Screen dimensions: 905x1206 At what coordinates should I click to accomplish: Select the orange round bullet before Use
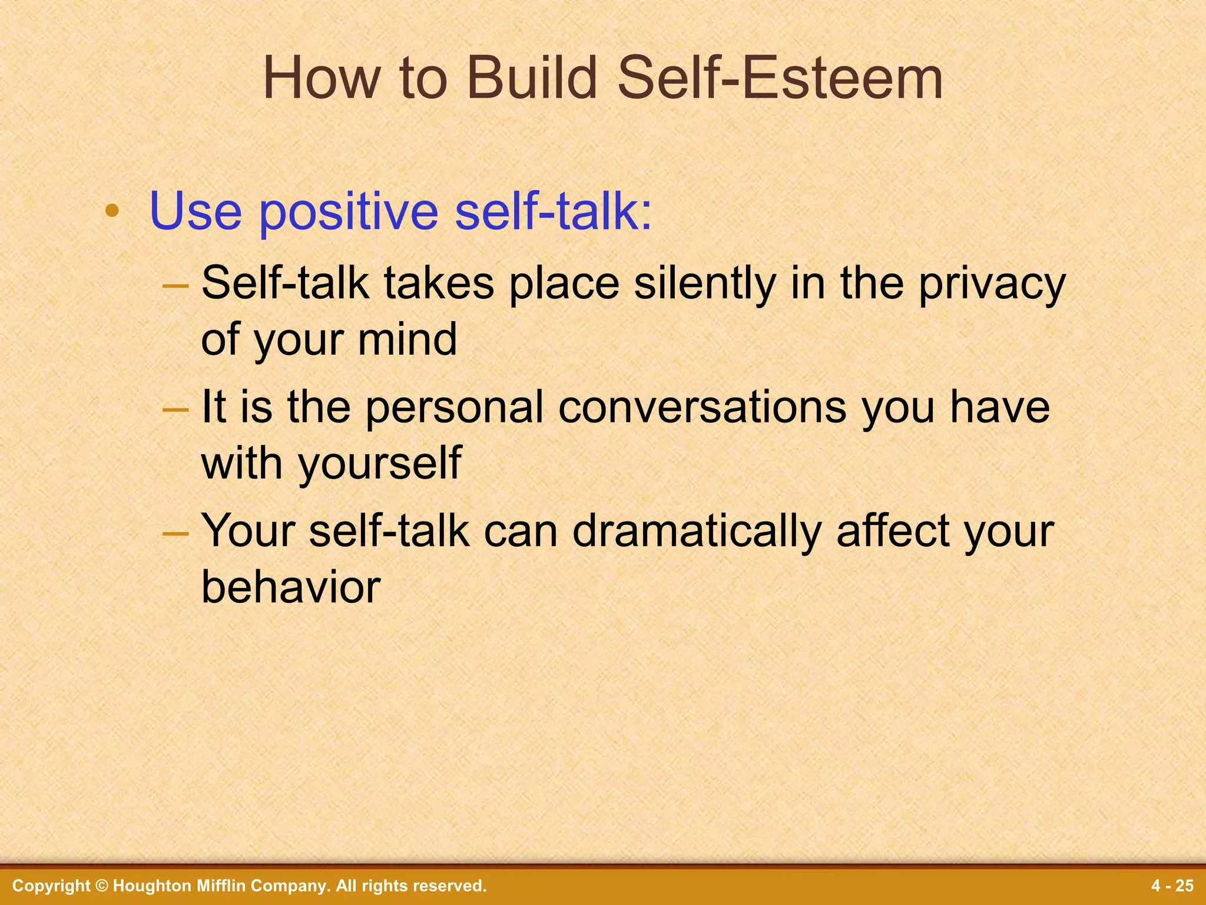[x=112, y=211]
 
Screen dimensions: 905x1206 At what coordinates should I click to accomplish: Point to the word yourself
[x=380, y=464]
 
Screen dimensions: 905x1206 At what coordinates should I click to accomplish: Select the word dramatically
[x=697, y=532]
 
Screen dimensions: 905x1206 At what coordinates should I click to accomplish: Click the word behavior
[x=291, y=588]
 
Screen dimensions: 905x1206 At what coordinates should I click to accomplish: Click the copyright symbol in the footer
[x=102, y=886]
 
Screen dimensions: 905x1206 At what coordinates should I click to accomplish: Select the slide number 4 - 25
[x=1172, y=886]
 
